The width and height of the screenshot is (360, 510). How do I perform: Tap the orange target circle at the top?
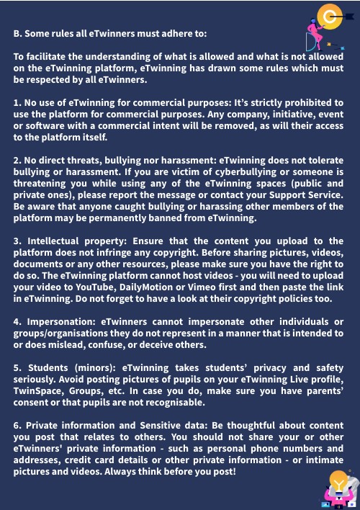tap(333, 14)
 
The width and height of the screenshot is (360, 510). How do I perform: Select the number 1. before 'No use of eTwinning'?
tap(17, 102)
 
